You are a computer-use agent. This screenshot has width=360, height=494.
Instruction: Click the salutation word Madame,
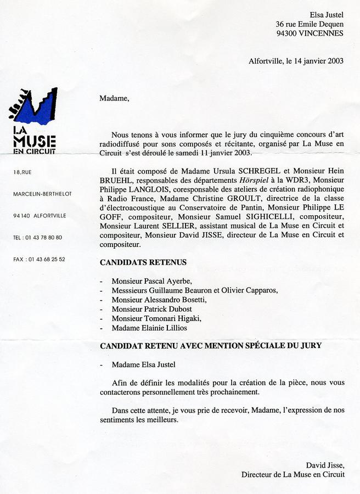pos(114,99)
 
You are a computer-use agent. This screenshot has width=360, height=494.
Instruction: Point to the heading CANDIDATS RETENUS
pos(143,263)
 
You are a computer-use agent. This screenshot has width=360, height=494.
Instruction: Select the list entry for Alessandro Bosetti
pos(159,300)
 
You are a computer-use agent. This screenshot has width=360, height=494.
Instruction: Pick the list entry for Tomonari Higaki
pos(156,318)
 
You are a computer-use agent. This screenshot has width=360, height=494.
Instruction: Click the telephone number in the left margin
pos(37,238)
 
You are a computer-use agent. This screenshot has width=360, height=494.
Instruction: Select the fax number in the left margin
pos(38,259)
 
